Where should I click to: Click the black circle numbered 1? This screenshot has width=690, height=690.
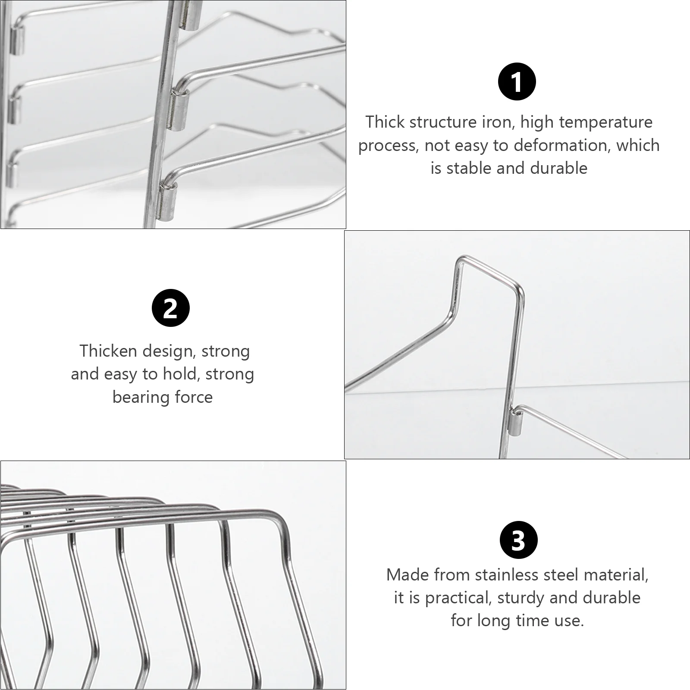pyautogui.click(x=517, y=82)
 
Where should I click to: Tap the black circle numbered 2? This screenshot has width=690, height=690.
pyautogui.click(x=171, y=308)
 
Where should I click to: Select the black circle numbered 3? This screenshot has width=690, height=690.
pyautogui.click(x=518, y=540)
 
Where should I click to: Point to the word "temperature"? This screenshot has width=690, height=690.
pyautogui.click(x=605, y=123)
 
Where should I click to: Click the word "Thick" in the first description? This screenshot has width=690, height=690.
pyautogui.click(x=385, y=122)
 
